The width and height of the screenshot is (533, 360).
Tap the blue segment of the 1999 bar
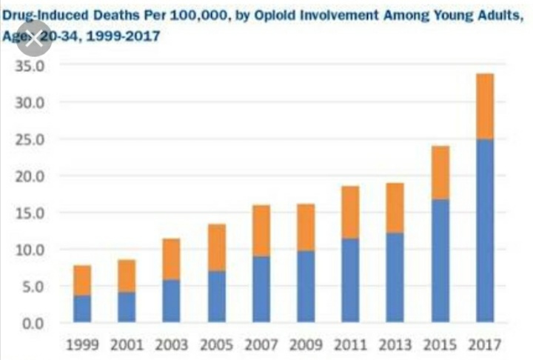(82, 308)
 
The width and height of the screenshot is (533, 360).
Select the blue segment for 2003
(171, 300)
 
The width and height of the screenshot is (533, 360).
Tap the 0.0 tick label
(33, 323)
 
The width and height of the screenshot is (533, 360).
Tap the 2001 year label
(126, 344)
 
